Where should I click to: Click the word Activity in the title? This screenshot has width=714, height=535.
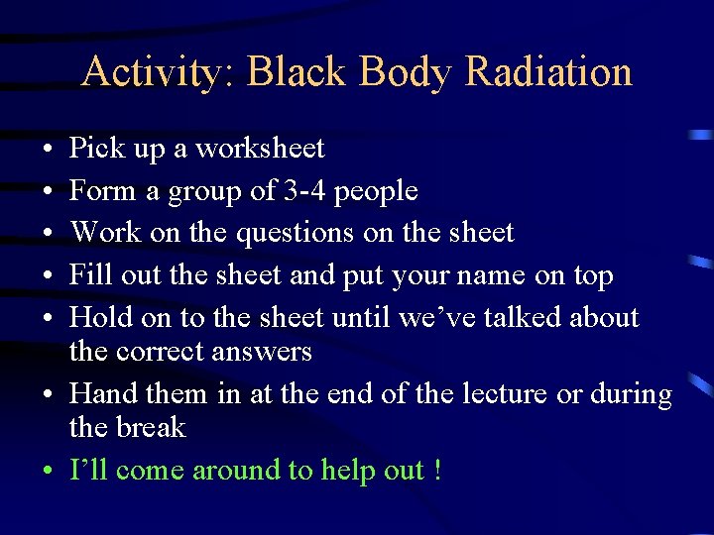tap(155, 72)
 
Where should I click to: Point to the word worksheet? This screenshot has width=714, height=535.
tap(260, 149)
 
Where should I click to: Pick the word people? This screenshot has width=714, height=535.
tap(376, 191)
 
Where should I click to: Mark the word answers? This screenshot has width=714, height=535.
tap(264, 352)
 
